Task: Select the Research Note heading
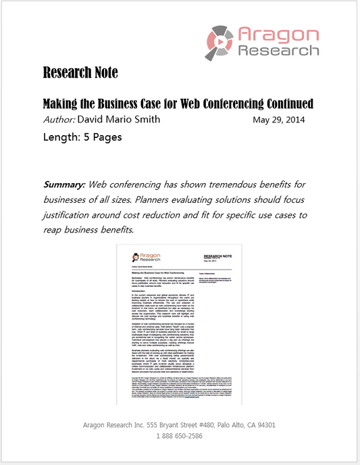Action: pos(80,72)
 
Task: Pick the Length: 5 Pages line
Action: pos(82,137)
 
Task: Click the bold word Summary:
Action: pos(65,184)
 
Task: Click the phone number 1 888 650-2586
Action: pos(180,437)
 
